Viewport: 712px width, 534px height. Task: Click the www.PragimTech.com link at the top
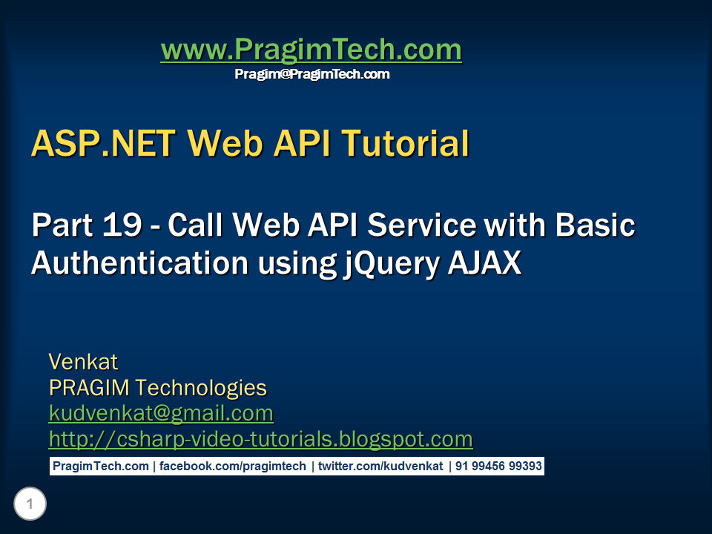(x=311, y=50)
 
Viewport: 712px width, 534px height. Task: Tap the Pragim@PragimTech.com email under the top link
(x=312, y=74)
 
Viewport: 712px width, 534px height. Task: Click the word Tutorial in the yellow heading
(x=406, y=143)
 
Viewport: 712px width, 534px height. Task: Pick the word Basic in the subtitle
(x=596, y=225)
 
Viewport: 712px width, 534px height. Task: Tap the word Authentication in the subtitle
(x=140, y=263)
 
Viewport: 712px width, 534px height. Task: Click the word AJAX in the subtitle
(x=485, y=263)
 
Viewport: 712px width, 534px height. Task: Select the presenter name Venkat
(x=83, y=362)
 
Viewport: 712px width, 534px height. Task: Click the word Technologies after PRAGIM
(x=201, y=388)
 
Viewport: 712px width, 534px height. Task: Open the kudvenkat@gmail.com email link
(x=161, y=414)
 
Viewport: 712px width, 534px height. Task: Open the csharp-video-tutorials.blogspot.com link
(x=260, y=439)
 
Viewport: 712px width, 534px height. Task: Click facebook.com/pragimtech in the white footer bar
(x=232, y=467)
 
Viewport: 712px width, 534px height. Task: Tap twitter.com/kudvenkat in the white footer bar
(x=380, y=467)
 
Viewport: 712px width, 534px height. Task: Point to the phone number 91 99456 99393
(x=498, y=467)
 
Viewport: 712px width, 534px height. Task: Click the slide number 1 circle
(x=30, y=504)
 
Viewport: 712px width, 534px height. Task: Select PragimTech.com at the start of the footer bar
(x=101, y=467)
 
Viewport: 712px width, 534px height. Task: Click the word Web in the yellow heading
(x=225, y=143)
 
